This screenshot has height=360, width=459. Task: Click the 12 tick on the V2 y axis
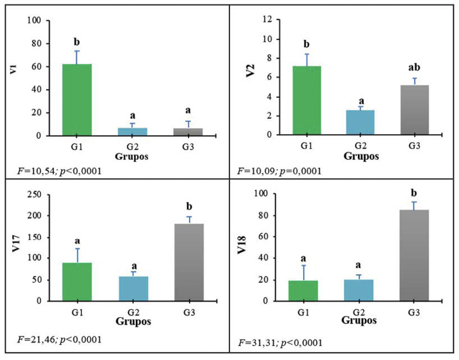point(268,20)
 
